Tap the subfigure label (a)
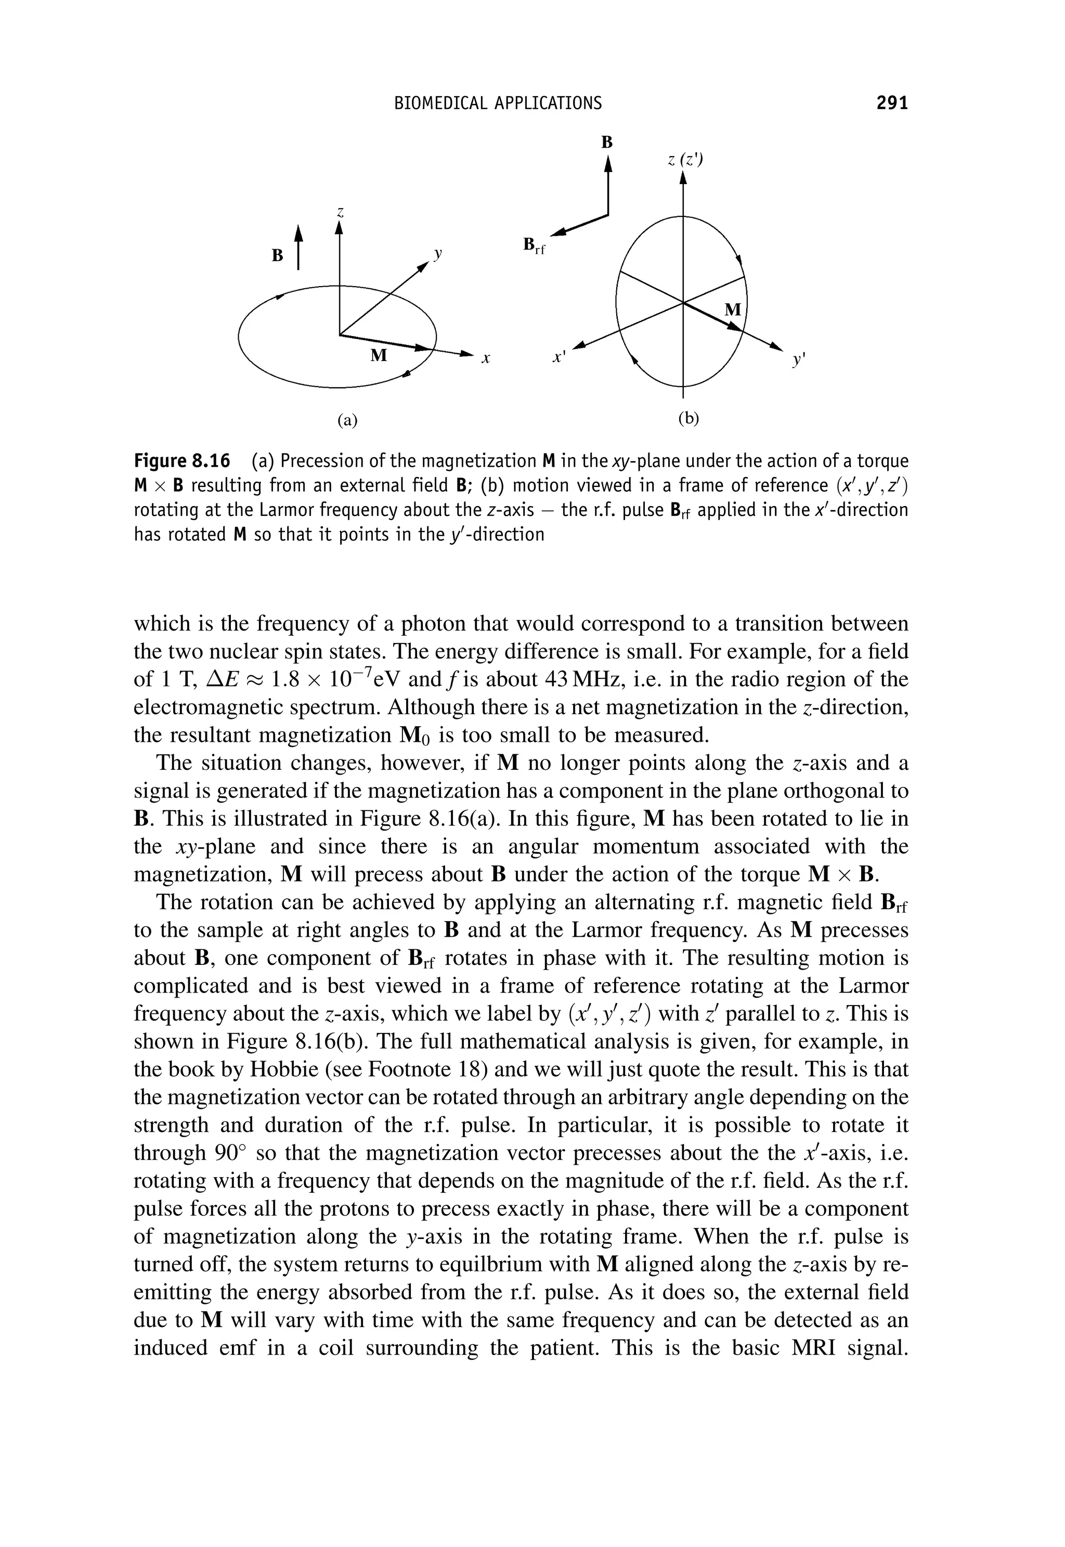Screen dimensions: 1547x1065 click(x=347, y=420)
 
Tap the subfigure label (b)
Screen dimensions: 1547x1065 click(x=689, y=418)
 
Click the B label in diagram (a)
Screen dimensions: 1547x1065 click(x=276, y=255)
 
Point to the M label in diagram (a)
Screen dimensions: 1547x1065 click(x=379, y=355)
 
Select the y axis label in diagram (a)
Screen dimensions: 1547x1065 click(x=438, y=254)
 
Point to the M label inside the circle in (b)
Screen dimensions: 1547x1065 click(x=733, y=310)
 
